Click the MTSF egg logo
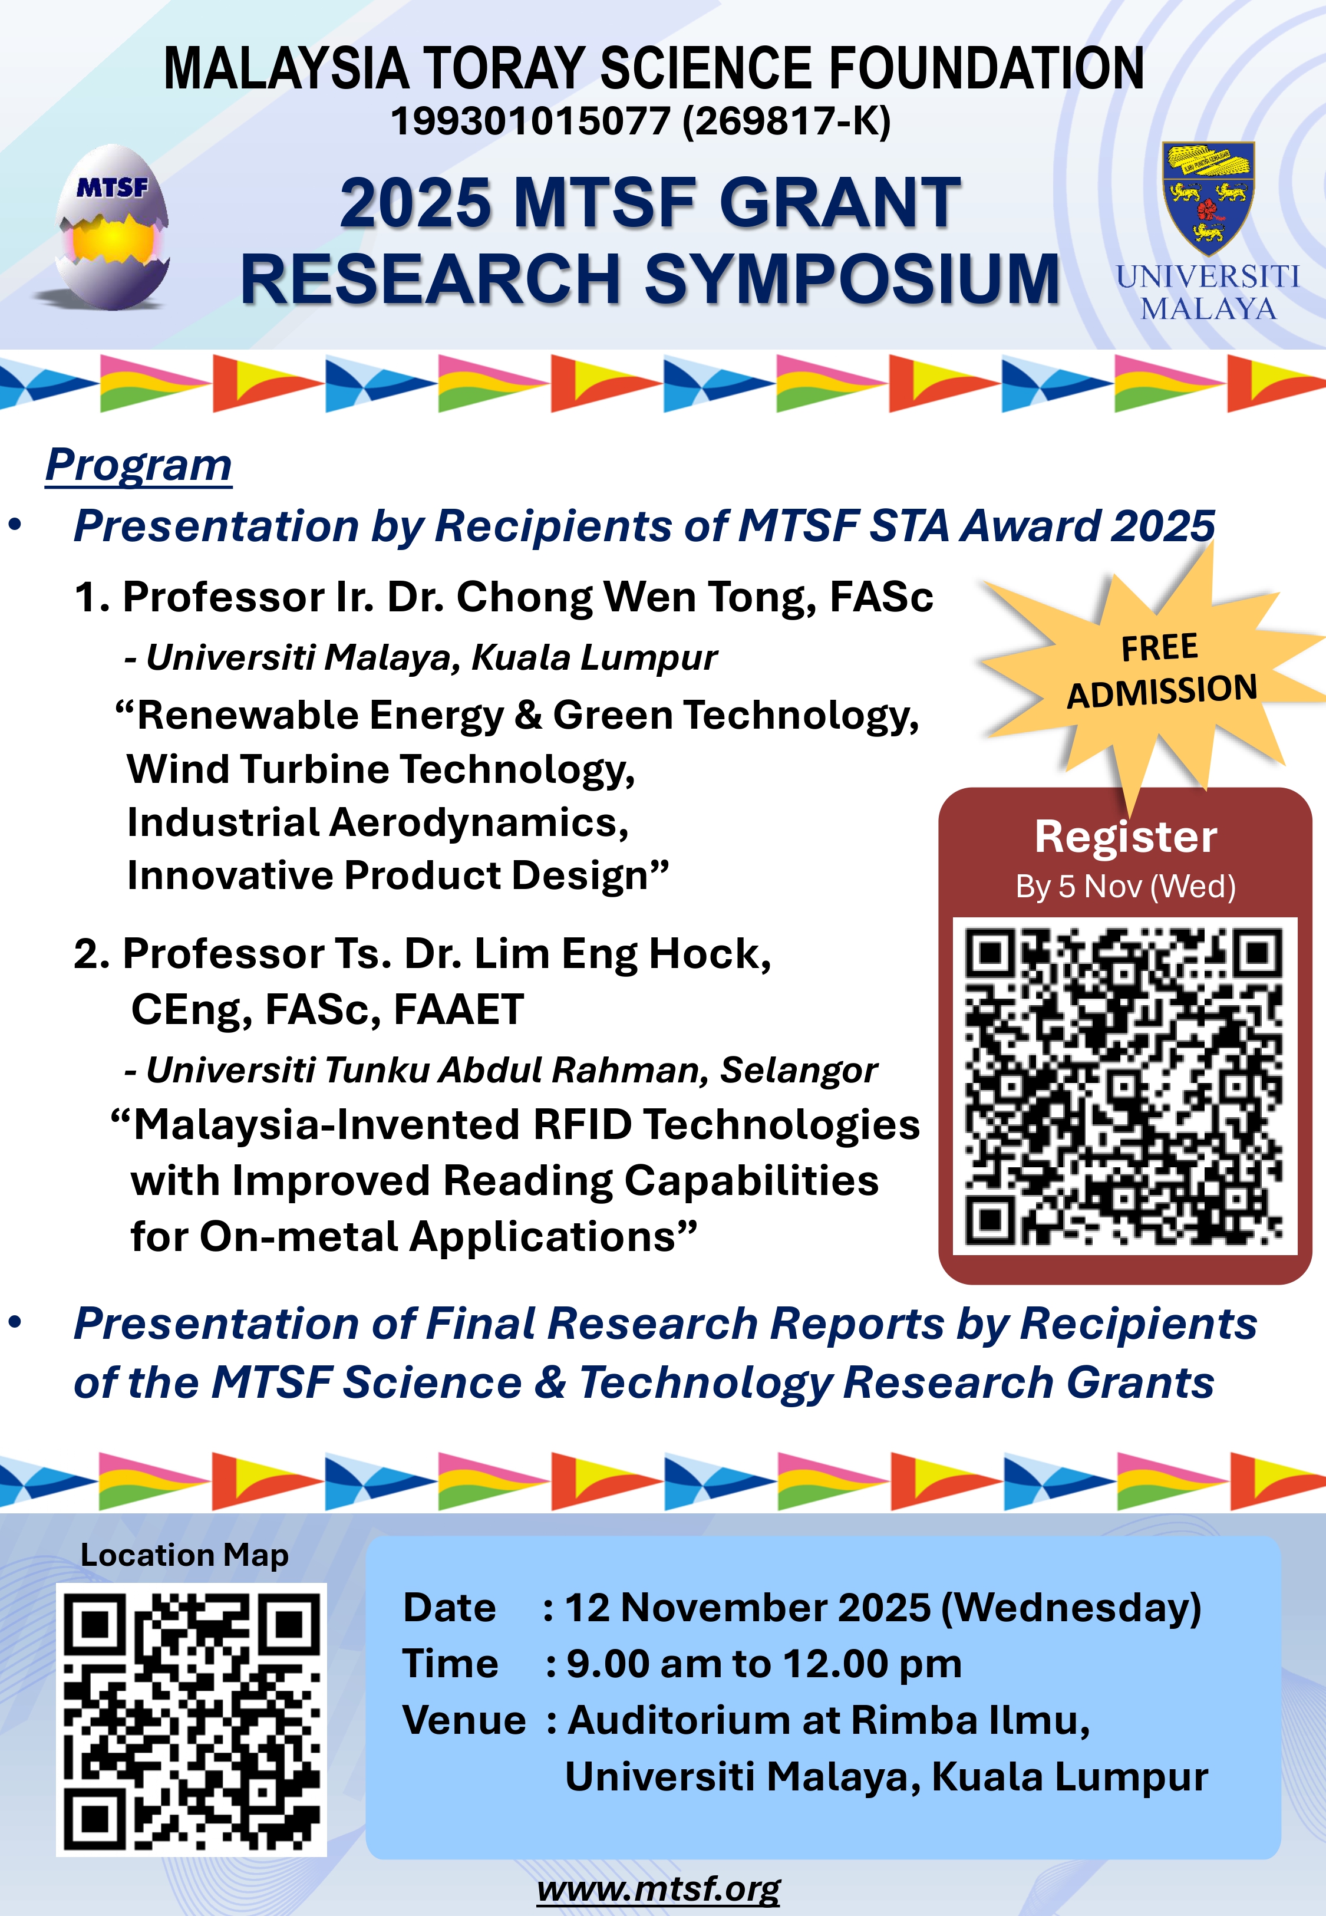113,227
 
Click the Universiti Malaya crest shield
1208,197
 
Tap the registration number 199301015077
530,121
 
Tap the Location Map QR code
191,1720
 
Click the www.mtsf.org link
658,1889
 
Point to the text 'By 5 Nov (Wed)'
1126,887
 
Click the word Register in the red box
1126,836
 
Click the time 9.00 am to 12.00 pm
764,1664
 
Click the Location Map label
184,1555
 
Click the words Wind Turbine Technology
381,769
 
